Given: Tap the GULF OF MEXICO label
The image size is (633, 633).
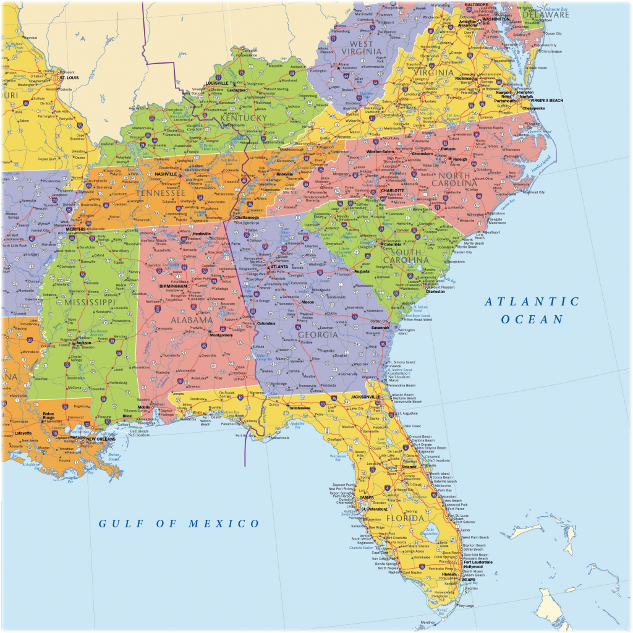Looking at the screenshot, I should click(180, 524).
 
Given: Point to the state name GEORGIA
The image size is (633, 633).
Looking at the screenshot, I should click(318, 334).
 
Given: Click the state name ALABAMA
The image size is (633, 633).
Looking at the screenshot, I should click(191, 320).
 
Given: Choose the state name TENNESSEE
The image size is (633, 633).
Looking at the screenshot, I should click(161, 193).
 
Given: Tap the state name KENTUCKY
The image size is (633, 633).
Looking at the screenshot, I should click(245, 117).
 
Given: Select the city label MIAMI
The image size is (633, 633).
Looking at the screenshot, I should click(460, 579).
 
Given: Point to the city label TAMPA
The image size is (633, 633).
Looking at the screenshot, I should click(367, 498).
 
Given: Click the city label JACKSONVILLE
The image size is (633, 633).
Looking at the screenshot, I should click(364, 396).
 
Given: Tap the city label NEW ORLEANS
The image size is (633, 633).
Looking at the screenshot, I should click(101, 439).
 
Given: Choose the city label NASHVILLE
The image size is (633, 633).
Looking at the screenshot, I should click(166, 174).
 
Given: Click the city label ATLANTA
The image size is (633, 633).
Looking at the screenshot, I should click(279, 266).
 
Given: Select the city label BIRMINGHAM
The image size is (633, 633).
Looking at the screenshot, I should click(172, 287).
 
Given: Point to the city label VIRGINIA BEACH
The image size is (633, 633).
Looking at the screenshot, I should click(546, 100).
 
